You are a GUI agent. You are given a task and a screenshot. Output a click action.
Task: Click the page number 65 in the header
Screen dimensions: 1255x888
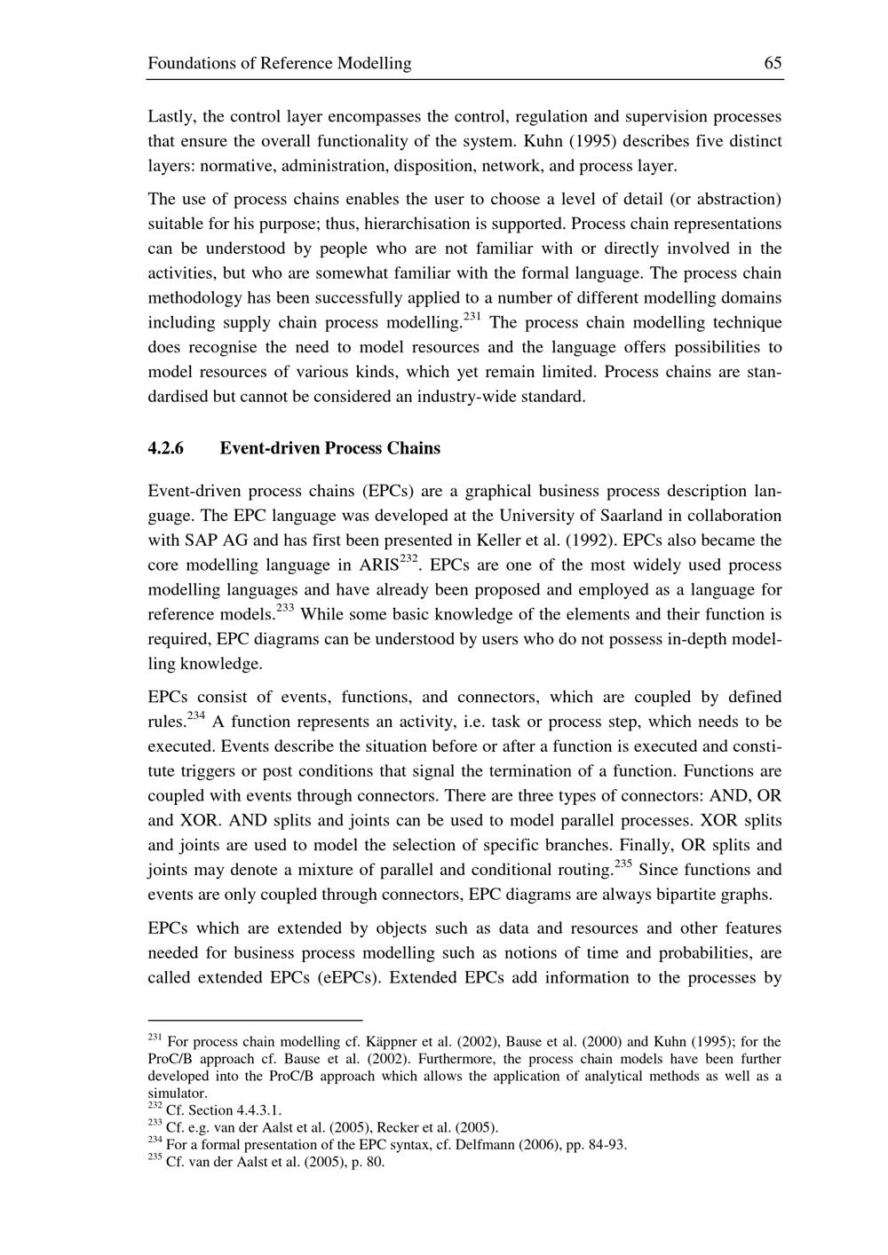click(x=772, y=63)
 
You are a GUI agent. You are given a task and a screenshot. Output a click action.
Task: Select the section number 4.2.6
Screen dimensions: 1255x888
click(x=165, y=448)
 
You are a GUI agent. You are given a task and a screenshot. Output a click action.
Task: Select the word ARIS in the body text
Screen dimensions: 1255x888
click(x=379, y=566)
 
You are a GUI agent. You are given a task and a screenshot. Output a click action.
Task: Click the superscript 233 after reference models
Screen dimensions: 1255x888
click(x=285, y=609)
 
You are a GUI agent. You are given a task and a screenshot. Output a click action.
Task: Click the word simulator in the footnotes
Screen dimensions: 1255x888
click(x=177, y=1093)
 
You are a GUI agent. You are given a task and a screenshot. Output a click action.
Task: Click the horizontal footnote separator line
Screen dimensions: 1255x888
click(x=255, y=1021)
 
